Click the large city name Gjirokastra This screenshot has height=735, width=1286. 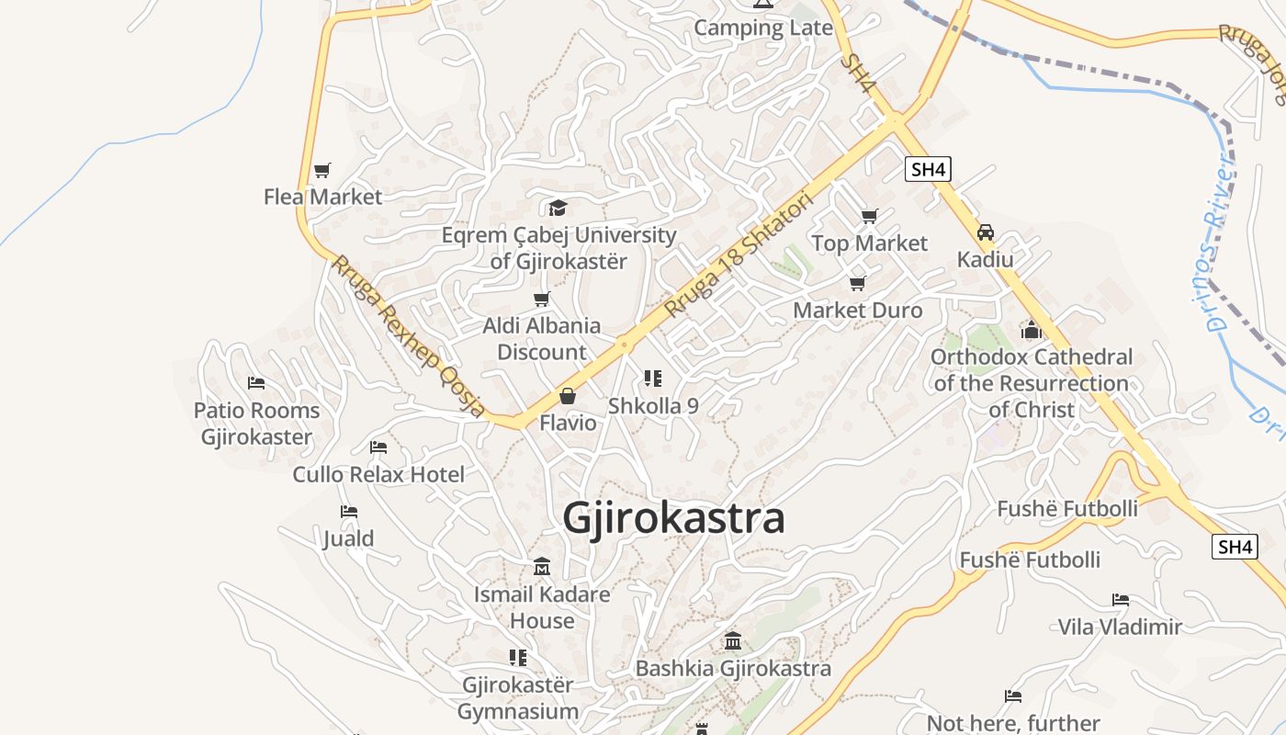[x=673, y=518]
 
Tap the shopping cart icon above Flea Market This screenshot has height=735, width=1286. [x=321, y=170]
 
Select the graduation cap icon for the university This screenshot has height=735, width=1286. [x=558, y=208]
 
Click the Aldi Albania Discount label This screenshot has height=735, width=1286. [x=542, y=338]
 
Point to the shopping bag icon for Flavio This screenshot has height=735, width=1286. [x=568, y=397]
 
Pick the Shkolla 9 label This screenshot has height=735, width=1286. [x=653, y=405]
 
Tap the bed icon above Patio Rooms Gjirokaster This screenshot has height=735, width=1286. [x=256, y=383]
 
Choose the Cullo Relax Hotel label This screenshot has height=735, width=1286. [x=378, y=474]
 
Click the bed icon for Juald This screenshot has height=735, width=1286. [x=348, y=512]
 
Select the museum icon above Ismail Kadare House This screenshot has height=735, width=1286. [x=542, y=566]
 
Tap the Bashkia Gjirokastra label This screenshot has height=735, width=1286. [x=733, y=668]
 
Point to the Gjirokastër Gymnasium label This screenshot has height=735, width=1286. [x=518, y=698]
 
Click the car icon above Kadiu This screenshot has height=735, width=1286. [x=986, y=232]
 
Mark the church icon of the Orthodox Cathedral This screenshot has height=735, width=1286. [x=1032, y=329]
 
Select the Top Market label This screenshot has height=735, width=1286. [x=869, y=243]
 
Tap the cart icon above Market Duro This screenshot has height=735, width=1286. [x=857, y=283]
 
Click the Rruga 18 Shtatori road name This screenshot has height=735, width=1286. [x=739, y=254]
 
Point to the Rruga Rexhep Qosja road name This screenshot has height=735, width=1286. [x=408, y=336]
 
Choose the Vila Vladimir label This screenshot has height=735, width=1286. [x=1120, y=627]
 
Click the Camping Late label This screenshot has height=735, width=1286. [x=762, y=28]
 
